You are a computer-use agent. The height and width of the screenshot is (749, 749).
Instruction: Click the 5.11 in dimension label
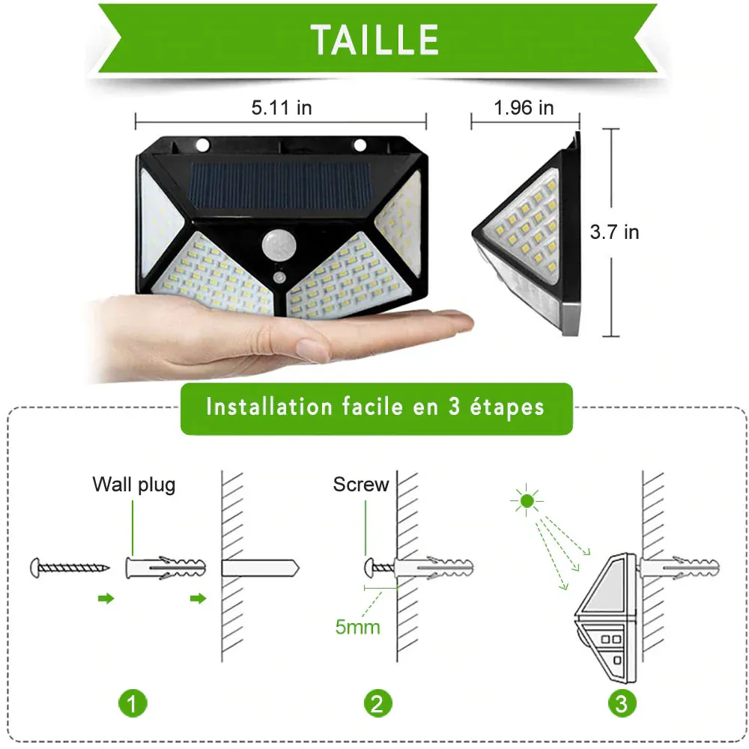coord(281,108)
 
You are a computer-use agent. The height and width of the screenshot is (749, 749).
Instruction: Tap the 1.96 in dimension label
coord(524,108)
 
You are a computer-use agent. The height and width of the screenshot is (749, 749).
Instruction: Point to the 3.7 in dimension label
coord(614,232)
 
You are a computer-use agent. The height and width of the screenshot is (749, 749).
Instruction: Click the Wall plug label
coord(134,485)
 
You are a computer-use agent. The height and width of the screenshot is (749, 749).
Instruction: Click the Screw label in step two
coord(361,485)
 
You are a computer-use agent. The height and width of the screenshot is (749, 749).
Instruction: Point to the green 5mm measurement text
coord(357,626)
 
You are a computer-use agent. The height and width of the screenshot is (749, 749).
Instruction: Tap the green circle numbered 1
coord(133,703)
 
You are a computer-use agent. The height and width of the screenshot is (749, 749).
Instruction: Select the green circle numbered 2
coord(377,703)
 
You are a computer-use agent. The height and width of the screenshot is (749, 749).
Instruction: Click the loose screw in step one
coord(69,567)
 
